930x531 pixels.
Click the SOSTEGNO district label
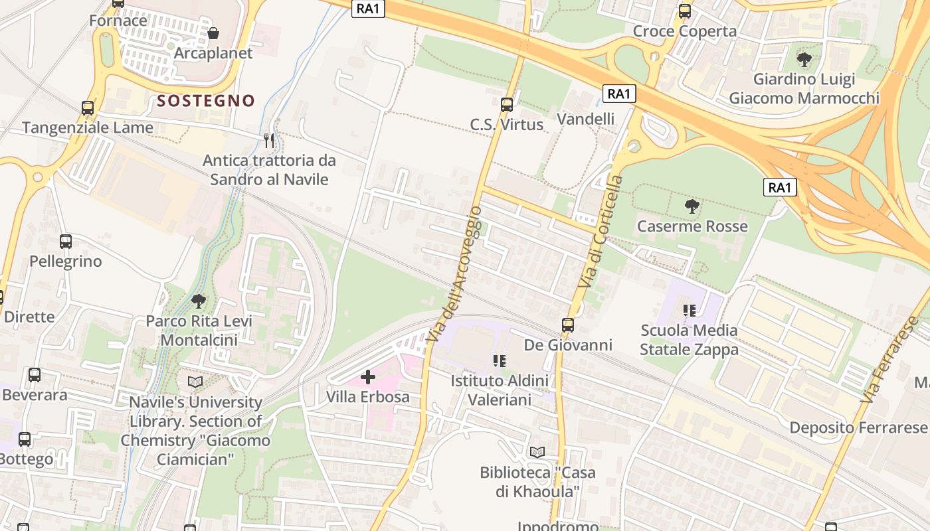click(206, 101)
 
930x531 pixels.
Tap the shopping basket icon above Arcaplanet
click(213, 33)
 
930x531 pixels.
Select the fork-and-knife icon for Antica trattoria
click(269, 140)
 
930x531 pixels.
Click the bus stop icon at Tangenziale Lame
click(87, 108)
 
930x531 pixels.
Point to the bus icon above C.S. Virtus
click(507, 104)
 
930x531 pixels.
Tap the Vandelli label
click(585, 119)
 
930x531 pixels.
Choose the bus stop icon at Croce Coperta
click(684, 11)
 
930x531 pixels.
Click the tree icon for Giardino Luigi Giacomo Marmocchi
click(804, 60)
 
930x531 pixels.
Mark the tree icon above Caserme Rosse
click(692, 206)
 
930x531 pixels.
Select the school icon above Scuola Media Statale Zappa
click(689, 310)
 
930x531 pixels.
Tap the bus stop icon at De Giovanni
click(568, 325)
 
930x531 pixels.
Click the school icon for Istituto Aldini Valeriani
click(500, 361)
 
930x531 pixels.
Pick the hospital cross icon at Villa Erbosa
click(367, 377)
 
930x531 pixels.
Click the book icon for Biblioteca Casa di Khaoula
click(537, 453)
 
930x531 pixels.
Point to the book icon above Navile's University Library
click(195, 382)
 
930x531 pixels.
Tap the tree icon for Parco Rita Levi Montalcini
click(199, 301)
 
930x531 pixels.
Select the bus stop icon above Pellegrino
click(65, 242)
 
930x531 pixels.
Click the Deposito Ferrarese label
click(858, 427)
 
